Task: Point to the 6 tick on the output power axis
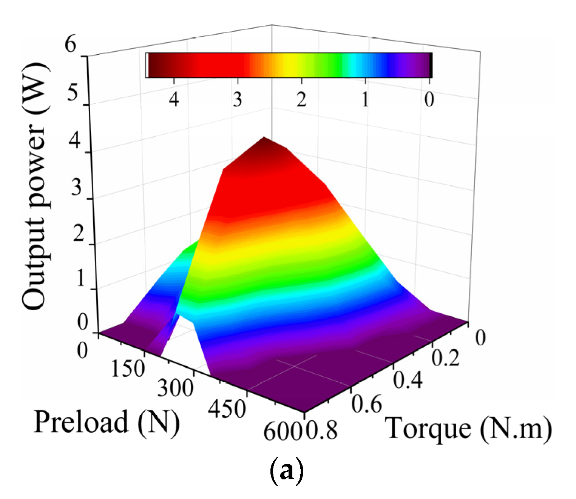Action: [x=71, y=45]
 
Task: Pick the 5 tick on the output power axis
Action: [x=73, y=93]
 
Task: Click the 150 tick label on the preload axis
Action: [x=128, y=369]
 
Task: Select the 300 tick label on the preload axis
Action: [x=176, y=388]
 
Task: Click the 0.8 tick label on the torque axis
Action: [x=321, y=430]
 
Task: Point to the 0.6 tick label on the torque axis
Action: [x=367, y=405]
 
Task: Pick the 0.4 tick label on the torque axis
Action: [x=408, y=380]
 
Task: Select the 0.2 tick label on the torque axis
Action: [x=446, y=358]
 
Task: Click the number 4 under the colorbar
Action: [x=174, y=100]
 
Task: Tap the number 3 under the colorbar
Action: [x=237, y=100]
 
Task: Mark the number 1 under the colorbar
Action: [x=365, y=100]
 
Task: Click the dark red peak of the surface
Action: [x=264, y=145]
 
